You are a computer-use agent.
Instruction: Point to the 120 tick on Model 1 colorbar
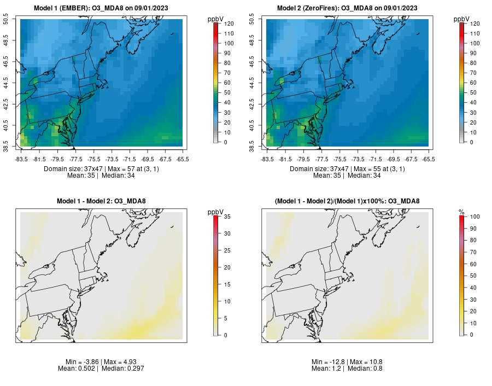point(228,24)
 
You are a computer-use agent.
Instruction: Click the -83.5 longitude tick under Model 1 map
point(22,159)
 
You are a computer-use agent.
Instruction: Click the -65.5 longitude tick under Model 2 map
point(428,159)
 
